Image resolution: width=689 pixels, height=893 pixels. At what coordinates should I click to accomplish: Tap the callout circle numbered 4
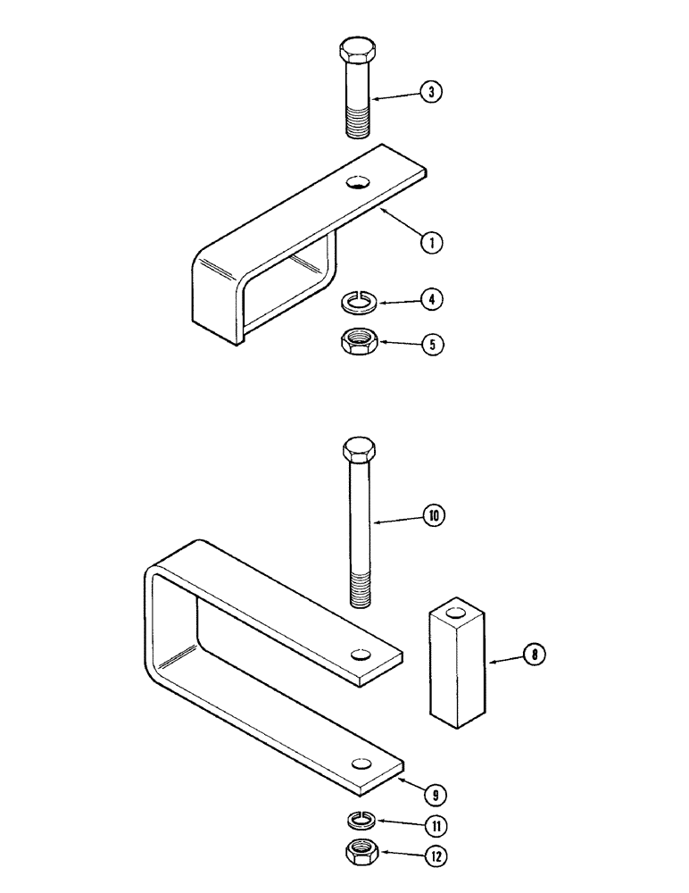click(431, 300)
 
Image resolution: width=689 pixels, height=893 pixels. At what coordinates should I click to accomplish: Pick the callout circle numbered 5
click(431, 344)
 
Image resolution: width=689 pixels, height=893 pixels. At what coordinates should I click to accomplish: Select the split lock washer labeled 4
click(359, 305)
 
